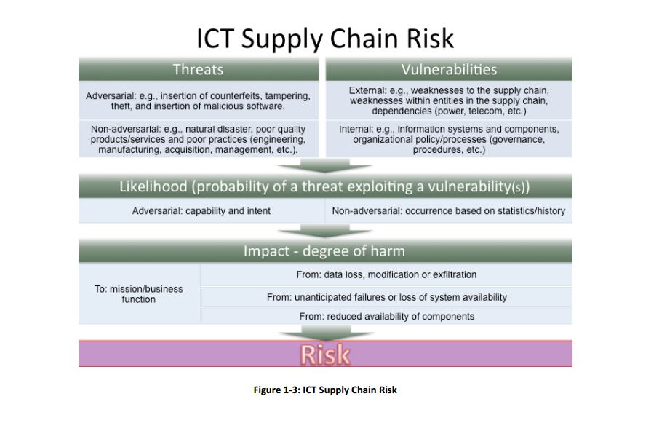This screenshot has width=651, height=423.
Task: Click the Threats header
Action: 199,69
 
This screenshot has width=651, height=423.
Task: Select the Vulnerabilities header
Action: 449,69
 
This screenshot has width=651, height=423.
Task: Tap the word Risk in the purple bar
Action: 326,355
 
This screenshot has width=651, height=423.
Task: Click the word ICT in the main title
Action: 215,39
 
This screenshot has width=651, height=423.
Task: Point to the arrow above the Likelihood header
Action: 324,165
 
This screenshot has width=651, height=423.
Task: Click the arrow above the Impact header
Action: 324,231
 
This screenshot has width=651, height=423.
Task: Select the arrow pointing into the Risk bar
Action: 326,333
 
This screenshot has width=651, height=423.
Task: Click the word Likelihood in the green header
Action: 153,186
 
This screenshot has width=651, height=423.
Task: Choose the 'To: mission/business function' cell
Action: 139,293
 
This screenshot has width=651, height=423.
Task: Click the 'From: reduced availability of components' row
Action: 386,316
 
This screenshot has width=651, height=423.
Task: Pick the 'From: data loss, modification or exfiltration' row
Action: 386,274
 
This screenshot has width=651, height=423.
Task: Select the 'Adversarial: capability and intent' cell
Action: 201,211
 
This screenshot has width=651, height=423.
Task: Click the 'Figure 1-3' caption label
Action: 276,390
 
